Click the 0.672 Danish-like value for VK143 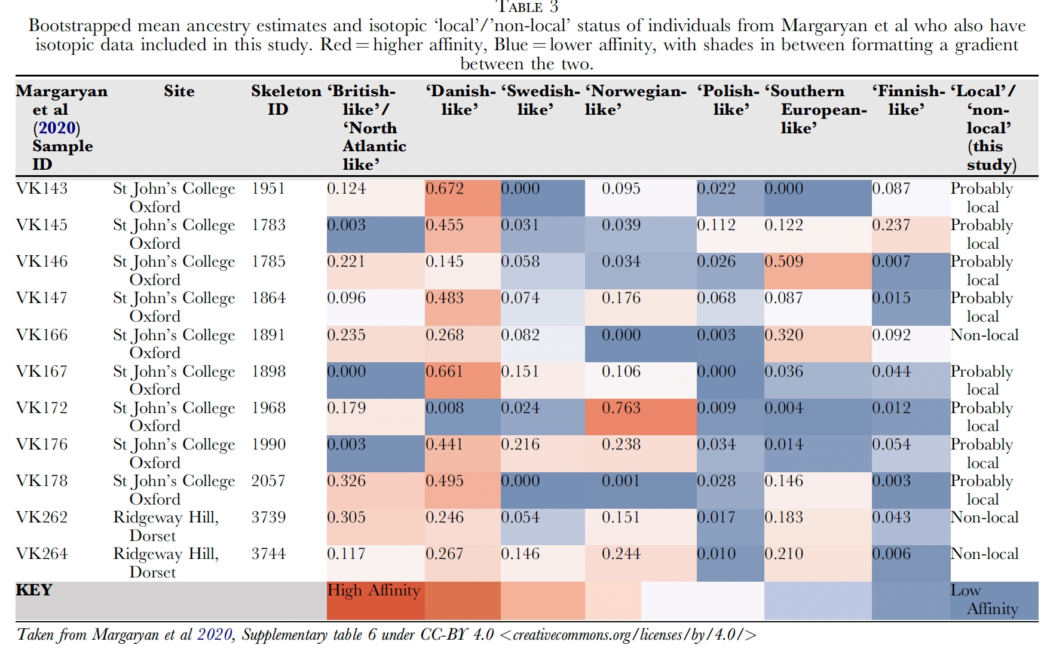[x=445, y=189]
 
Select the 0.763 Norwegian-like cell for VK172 [x=621, y=408]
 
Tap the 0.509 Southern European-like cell [x=783, y=262]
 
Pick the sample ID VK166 [x=42, y=335]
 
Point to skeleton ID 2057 [x=268, y=481]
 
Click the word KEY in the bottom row [x=34, y=590]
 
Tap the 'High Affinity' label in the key [x=374, y=591]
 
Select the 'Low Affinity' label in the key [x=984, y=600]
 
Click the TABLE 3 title [x=528, y=7]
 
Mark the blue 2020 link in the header [x=57, y=128]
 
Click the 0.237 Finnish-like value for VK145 [x=891, y=225]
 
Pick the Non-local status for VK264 [x=984, y=554]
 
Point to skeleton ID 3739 [x=268, y=518]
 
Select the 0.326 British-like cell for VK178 [x=346, y=481]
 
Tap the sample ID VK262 [x=42, y=518]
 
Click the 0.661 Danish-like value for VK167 [x=445, y=372]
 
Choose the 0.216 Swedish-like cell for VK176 [x=520, y=445]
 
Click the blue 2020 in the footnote [x=215, y=635]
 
